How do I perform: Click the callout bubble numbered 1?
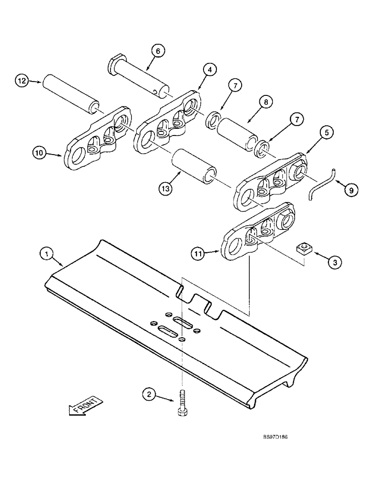click(46, 255)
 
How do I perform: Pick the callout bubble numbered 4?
click(208, 70)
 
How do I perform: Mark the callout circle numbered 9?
click(350, 190)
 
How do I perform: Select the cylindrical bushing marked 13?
click(194, 165)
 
